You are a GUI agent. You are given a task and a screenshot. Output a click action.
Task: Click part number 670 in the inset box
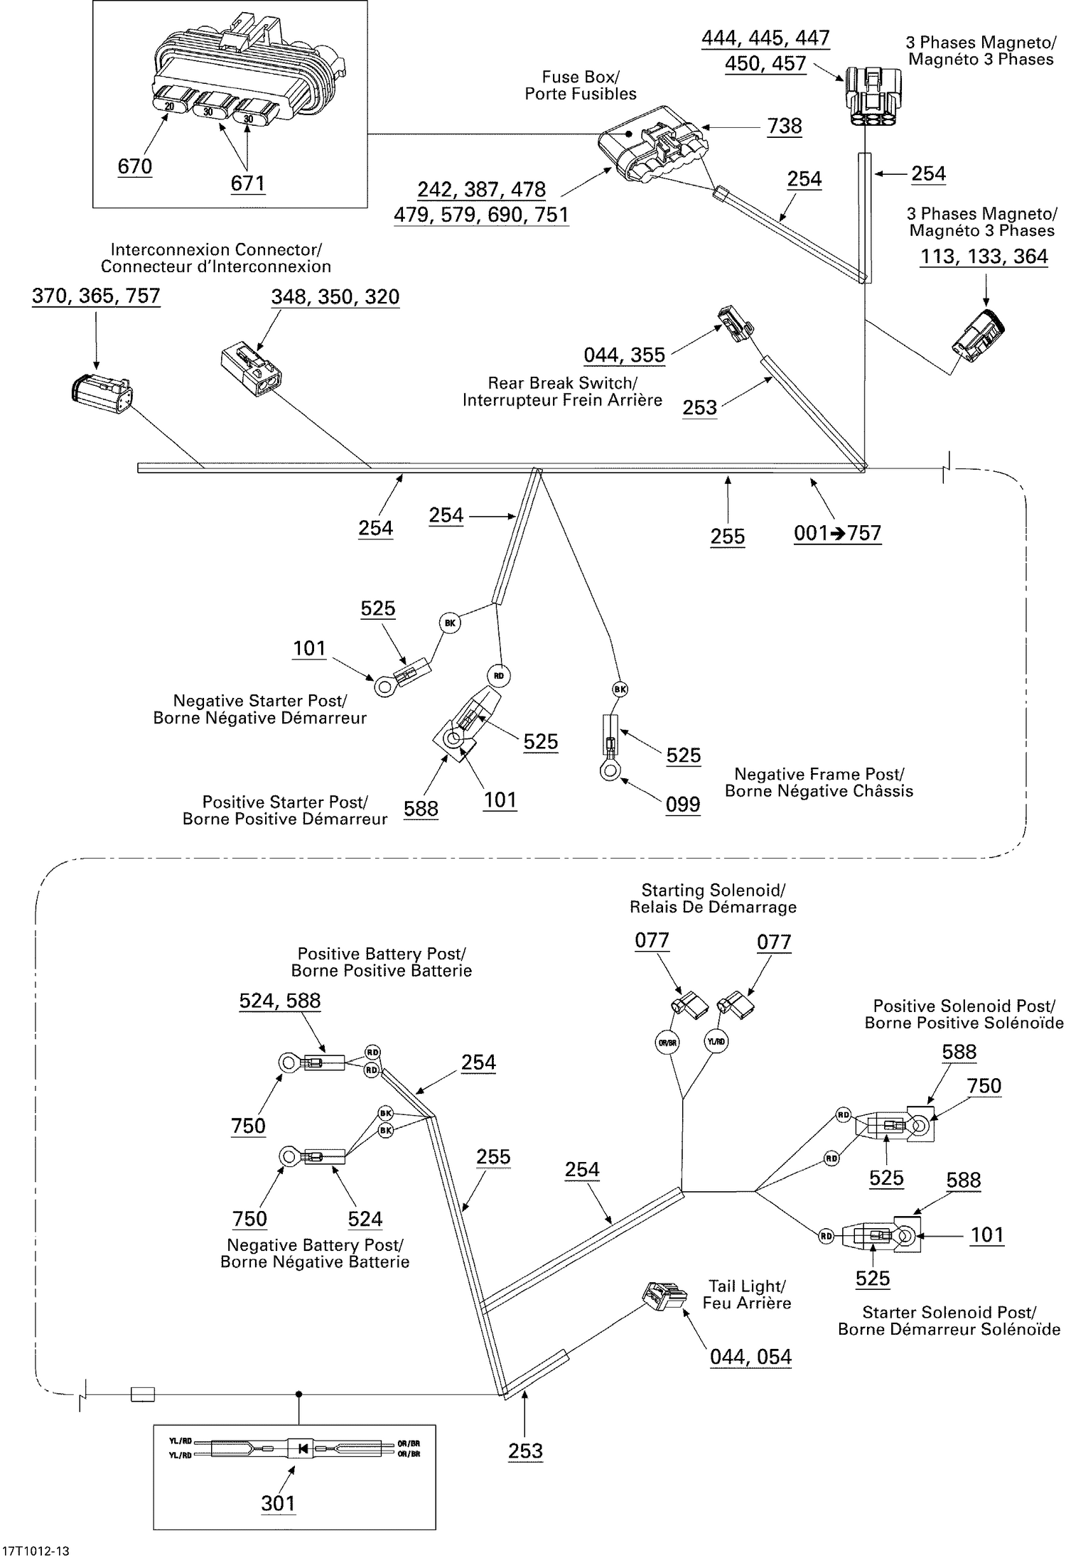pyautogui.click(x=135, y=166)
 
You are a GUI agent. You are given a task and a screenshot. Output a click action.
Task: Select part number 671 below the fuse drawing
pyautogui.click(x=247, y=183)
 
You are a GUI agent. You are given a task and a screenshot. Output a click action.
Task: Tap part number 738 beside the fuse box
pyautogui.click(x=785, y=127)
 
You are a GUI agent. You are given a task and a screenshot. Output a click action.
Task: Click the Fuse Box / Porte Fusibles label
pyautogui.click(x=580, y=85)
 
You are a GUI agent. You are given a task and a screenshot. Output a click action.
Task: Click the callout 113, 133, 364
pyautogui.click(x=984, y=257)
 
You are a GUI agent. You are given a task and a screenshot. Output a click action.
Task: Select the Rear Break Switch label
pyautogui.click(x=562, y=392)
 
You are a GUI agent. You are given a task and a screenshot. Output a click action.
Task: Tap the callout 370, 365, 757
pyautogui.click(x=96, y=296)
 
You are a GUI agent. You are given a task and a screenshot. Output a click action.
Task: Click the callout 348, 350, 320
pyautogui.click(x=335, y=297)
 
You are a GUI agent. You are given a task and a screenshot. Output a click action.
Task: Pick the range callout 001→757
pyautogui.click(x=837, y=533)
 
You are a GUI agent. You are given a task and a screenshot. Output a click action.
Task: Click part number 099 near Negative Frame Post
pyautogui.click(x=683, y=805)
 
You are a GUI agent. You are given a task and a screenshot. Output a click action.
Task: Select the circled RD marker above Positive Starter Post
pyautogui.click(x=499, y=676)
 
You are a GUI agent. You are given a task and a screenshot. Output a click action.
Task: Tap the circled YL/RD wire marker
pyautogui.click(x=716, y=1042)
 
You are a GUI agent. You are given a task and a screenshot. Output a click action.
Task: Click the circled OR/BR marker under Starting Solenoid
pyautogui.click(x=667, y=1043)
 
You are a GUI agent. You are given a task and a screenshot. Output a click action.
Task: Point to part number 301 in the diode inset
pyautogui.click(x=278, y=1503)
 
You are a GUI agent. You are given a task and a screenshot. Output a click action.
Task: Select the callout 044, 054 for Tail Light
pyautogui.click(x=750, y=1357)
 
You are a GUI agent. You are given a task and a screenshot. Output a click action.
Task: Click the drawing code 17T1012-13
pyautogui.click(x=36, y=1551)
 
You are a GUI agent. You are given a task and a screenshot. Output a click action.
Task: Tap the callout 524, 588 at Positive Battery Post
pyautogui.click(x=280, y=1001)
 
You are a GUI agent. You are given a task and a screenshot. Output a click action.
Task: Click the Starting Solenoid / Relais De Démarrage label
pyautogui.click(x=713, y=898)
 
